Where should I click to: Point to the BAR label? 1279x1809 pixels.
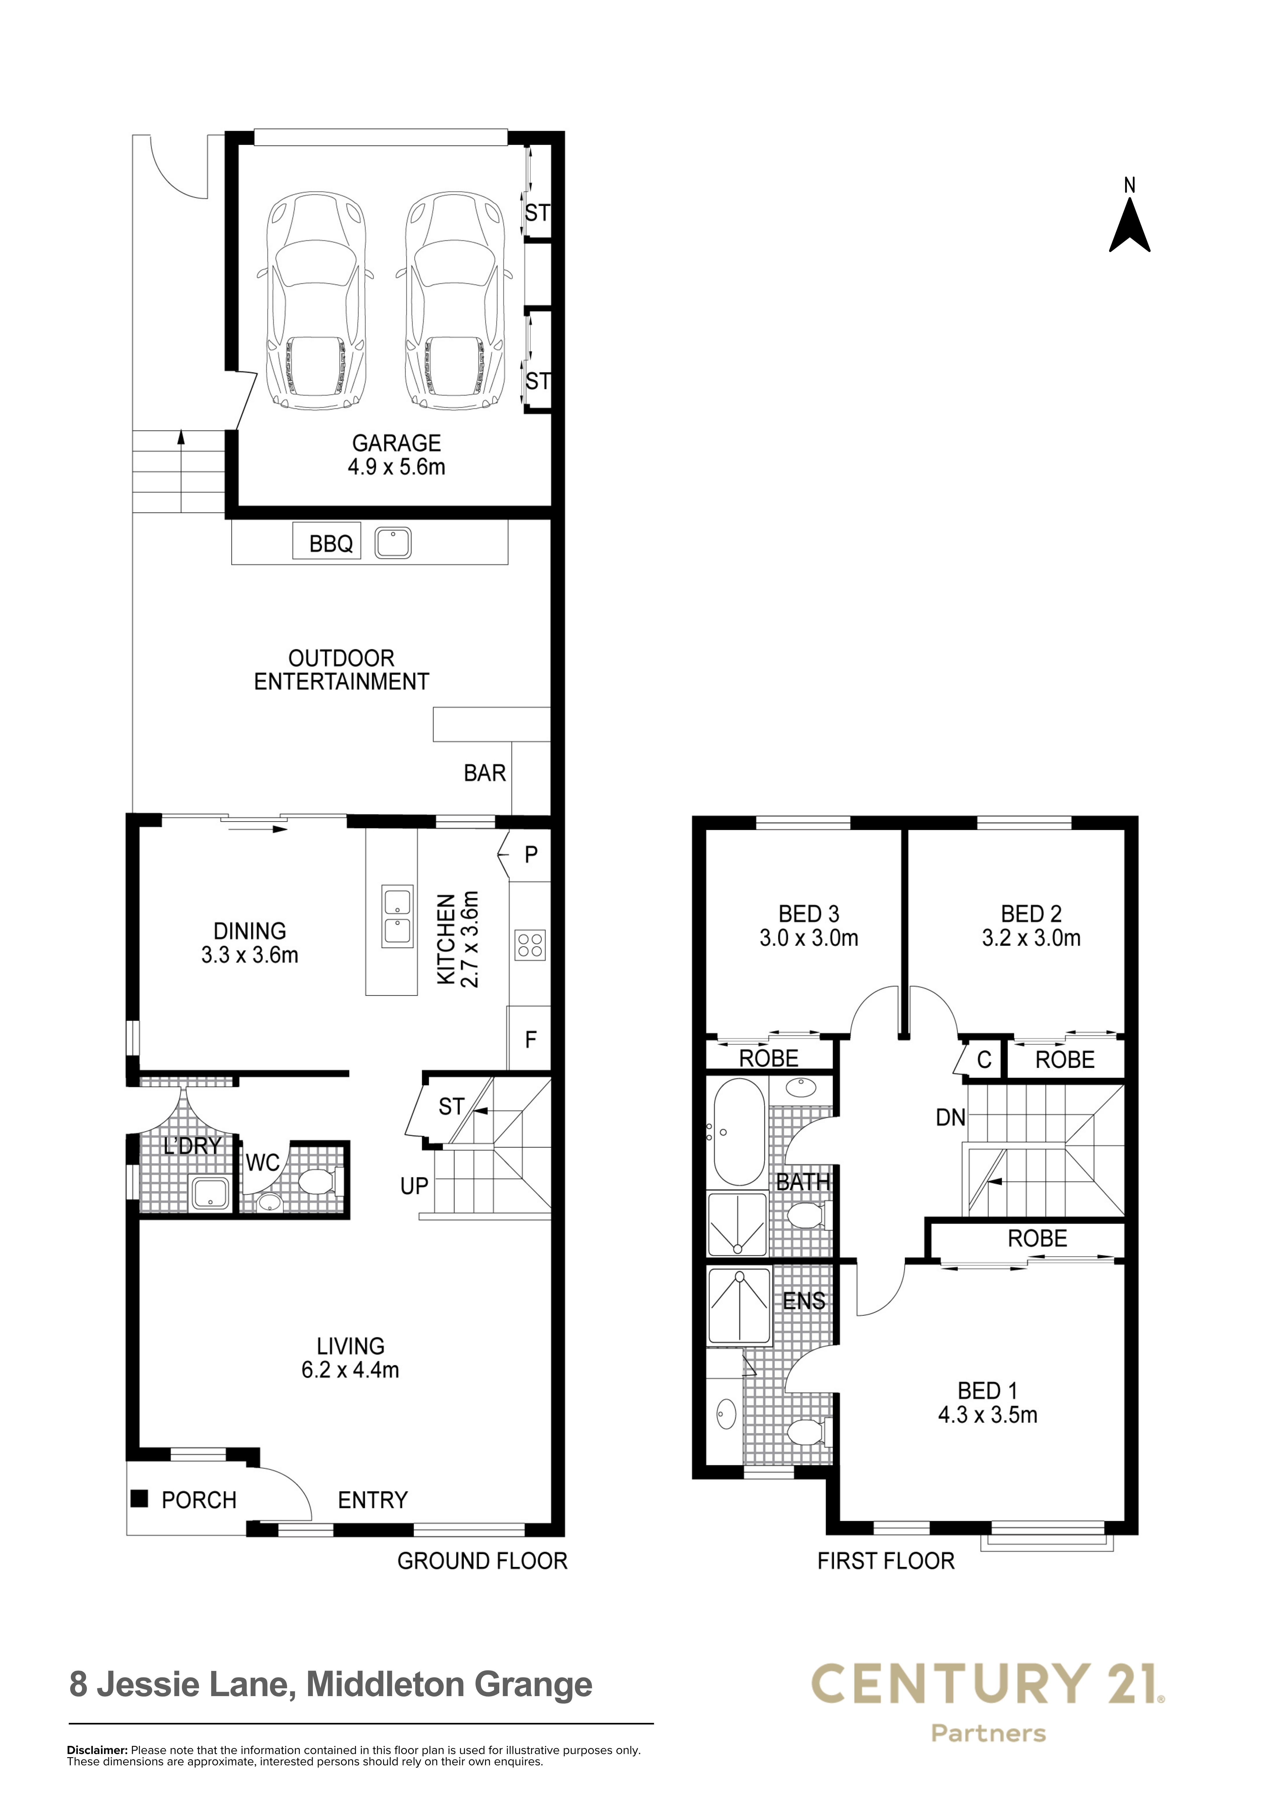point(485,773)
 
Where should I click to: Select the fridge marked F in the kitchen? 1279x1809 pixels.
point(530,1039)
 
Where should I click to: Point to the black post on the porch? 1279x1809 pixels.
point(140,1498)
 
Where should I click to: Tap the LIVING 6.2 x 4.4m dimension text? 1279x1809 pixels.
point(350,1369)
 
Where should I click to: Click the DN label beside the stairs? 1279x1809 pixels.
point(950,1117)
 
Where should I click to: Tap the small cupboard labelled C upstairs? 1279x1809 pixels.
point(983,1060)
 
